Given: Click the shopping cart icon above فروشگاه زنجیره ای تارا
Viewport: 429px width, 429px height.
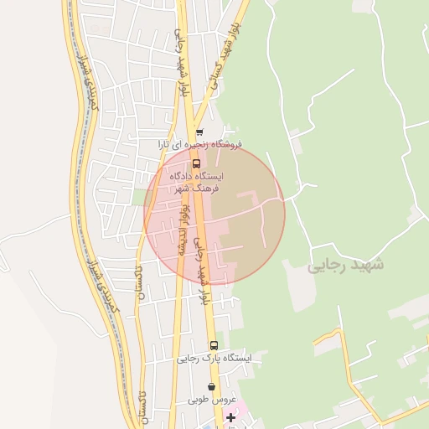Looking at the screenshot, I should pos(199,132).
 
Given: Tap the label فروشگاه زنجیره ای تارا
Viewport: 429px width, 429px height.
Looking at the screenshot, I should pos(201,145).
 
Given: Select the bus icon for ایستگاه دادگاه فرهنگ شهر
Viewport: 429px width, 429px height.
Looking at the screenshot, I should pos(197,163).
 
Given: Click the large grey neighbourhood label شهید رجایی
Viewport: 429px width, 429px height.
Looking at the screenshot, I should pos(345,266).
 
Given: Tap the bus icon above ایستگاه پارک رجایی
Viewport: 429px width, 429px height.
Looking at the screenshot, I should pos(214,345).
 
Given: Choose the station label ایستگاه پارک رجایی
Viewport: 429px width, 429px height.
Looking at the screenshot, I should pos(214,359).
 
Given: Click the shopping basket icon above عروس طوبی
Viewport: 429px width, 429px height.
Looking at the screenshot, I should pos(210,387).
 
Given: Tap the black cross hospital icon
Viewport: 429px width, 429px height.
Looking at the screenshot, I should pos(231,416).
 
